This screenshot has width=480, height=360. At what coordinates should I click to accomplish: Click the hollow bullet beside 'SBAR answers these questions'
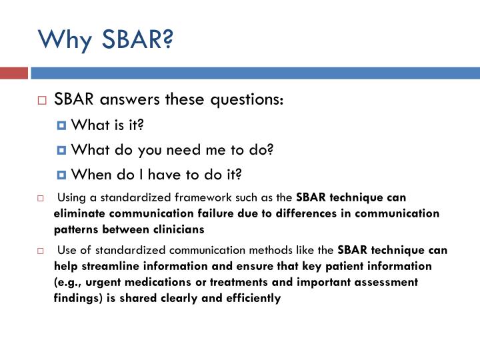point(42,101)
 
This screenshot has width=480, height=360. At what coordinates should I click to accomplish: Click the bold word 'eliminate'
point(80,213)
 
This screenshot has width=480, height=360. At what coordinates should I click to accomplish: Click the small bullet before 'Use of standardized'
point(40,251)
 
